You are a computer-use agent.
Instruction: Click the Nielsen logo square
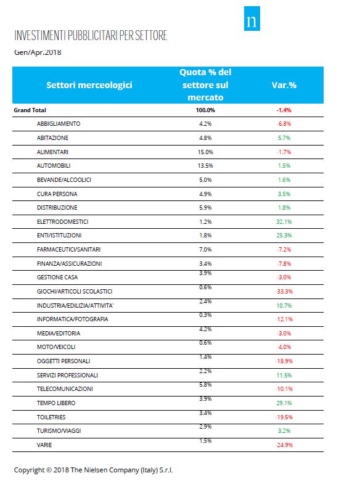click(x=252, y=18)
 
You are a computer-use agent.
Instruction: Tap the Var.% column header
click(x=284, y=85)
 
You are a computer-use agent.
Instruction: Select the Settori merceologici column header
click(x=89, y=85)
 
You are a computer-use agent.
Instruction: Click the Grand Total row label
click(x=30, y=110)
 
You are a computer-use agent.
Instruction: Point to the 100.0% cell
click(x=205, y=110)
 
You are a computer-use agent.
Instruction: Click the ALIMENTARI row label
click(x=52, y=152)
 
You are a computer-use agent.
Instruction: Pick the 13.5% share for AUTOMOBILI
click(x=205, y=166)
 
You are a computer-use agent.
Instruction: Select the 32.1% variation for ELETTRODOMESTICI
click(x=284, y=221)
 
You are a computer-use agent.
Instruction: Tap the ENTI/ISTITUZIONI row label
click(x=59, y=236)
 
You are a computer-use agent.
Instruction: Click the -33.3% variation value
click(x=284, y=292)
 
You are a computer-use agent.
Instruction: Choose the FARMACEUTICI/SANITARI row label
click(x=68, y=249)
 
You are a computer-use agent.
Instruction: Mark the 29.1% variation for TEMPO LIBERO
click(x=284, y=403)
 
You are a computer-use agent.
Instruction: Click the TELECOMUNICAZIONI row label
click(x=65, y=388)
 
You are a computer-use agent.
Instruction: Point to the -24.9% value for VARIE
click(x=284, y=445)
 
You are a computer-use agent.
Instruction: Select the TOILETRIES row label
click(x=51, y=417)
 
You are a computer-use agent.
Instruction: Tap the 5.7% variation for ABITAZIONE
click(x=284, y=138)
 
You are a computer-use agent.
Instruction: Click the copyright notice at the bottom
click(x=93, y=470)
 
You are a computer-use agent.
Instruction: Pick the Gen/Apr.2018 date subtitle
click(x=38, y=52)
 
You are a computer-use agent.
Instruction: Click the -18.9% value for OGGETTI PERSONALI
click(x=284, y=361)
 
